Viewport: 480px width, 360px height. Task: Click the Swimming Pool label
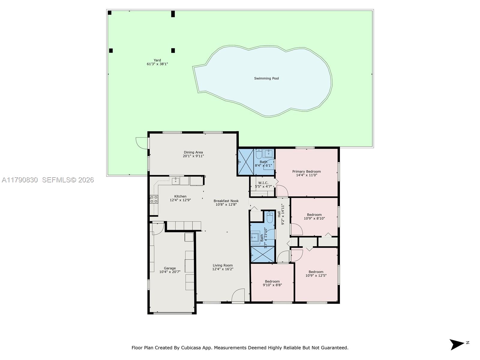[266, 79]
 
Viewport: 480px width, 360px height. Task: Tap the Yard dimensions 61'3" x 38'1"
[157, 64]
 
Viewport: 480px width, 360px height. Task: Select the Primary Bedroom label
[306, 172]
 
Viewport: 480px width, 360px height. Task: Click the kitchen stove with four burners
[154, 199]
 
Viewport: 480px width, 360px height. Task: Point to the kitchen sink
[175, 181]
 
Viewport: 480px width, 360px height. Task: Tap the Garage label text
[170, 268]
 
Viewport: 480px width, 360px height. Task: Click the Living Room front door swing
[238, 295]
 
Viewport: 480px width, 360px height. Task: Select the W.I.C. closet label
[263, 183]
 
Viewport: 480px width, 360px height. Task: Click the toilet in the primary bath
[259, 154]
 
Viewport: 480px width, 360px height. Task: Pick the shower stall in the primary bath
[246, 162]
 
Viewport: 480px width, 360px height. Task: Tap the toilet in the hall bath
[270, 217]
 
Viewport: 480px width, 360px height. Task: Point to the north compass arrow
[457, 344]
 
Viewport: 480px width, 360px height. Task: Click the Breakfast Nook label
[226, 201]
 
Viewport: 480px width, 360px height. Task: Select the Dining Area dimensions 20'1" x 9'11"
[193, 156]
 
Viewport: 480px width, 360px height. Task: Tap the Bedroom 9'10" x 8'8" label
[272, 281]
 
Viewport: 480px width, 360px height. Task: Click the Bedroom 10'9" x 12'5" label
[316, 272]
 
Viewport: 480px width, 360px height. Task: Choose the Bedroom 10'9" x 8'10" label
[314, 215]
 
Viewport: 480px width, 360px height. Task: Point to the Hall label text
[279, 214]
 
